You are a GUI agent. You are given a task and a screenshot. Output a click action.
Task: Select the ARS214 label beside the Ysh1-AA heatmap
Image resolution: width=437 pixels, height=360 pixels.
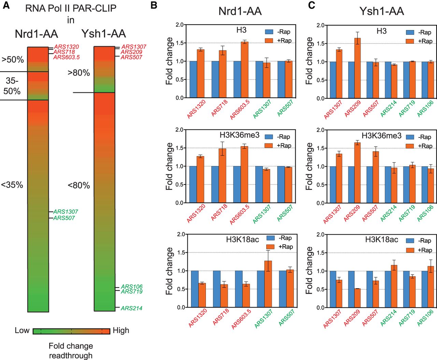point(131,308)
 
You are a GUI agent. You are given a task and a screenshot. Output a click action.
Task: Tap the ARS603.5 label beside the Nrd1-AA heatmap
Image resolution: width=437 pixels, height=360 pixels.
point(66,57)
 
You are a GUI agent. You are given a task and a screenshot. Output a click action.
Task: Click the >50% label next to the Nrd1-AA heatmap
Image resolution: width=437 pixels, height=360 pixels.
point(13,59)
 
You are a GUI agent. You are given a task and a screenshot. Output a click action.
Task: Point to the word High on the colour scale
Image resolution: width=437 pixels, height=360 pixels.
point(121,330)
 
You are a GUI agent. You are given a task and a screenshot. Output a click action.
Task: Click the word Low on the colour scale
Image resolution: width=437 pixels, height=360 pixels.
point(22,330)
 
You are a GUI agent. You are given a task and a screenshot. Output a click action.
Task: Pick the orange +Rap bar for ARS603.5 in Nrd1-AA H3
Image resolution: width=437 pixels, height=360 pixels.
point(244,70)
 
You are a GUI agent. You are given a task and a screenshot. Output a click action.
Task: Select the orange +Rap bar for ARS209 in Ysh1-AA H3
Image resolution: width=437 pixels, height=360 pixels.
point(357,68)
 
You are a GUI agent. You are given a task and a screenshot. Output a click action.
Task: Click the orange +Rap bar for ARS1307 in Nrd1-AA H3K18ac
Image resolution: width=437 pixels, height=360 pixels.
point(268,284)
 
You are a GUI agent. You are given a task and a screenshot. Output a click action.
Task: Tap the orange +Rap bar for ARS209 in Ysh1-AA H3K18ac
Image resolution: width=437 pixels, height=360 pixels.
point(357,298)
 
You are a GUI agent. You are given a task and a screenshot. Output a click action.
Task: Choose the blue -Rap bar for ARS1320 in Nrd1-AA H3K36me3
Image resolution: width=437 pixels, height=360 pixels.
point(193,184)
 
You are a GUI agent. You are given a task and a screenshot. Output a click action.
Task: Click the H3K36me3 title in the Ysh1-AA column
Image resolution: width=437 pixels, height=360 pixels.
point(381,136)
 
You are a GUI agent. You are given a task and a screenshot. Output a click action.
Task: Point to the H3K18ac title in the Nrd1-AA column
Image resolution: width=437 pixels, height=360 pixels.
point(242,239)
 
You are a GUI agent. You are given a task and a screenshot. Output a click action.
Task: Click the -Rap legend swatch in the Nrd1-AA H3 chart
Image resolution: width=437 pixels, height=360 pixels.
point(269,32)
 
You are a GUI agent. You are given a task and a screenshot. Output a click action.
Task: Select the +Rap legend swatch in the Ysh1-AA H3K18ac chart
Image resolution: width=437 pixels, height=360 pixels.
point(410,250)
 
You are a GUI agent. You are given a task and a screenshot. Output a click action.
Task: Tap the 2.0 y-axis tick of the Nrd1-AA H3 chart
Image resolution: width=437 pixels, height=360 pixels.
point(180,25)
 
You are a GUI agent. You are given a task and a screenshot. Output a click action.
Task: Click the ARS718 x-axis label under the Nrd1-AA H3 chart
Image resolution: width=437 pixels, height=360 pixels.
point(220,108)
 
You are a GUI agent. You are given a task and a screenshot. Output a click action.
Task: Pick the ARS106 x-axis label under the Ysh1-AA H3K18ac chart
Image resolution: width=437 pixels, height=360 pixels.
point(425,317)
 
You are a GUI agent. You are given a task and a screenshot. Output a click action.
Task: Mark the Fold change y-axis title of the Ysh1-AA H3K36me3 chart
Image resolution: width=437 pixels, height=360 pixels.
point(310,166)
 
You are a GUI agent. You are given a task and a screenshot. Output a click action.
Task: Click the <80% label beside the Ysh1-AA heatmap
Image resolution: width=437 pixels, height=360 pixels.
point(79,185)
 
